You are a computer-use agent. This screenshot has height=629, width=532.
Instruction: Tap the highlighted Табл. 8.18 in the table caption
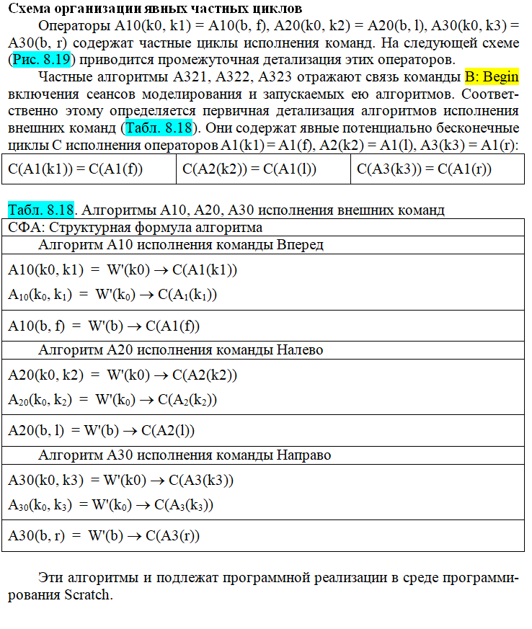[41, 210]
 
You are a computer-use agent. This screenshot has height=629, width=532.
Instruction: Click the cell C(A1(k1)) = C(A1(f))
[75, 169]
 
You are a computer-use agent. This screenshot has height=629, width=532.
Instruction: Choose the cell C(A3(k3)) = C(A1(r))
[425, 169]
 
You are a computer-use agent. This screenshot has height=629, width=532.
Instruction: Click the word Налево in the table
[300, 350]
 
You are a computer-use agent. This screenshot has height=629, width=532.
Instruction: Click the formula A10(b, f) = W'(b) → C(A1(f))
[104, 326]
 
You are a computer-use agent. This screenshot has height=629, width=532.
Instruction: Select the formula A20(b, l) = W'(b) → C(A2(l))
[102, 431]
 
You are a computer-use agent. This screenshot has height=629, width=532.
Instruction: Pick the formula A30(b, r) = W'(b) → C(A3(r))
[104, 536]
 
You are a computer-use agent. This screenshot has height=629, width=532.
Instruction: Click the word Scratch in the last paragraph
[89, 595]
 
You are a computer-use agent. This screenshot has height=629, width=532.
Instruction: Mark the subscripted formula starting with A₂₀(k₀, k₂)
[112, 399]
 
